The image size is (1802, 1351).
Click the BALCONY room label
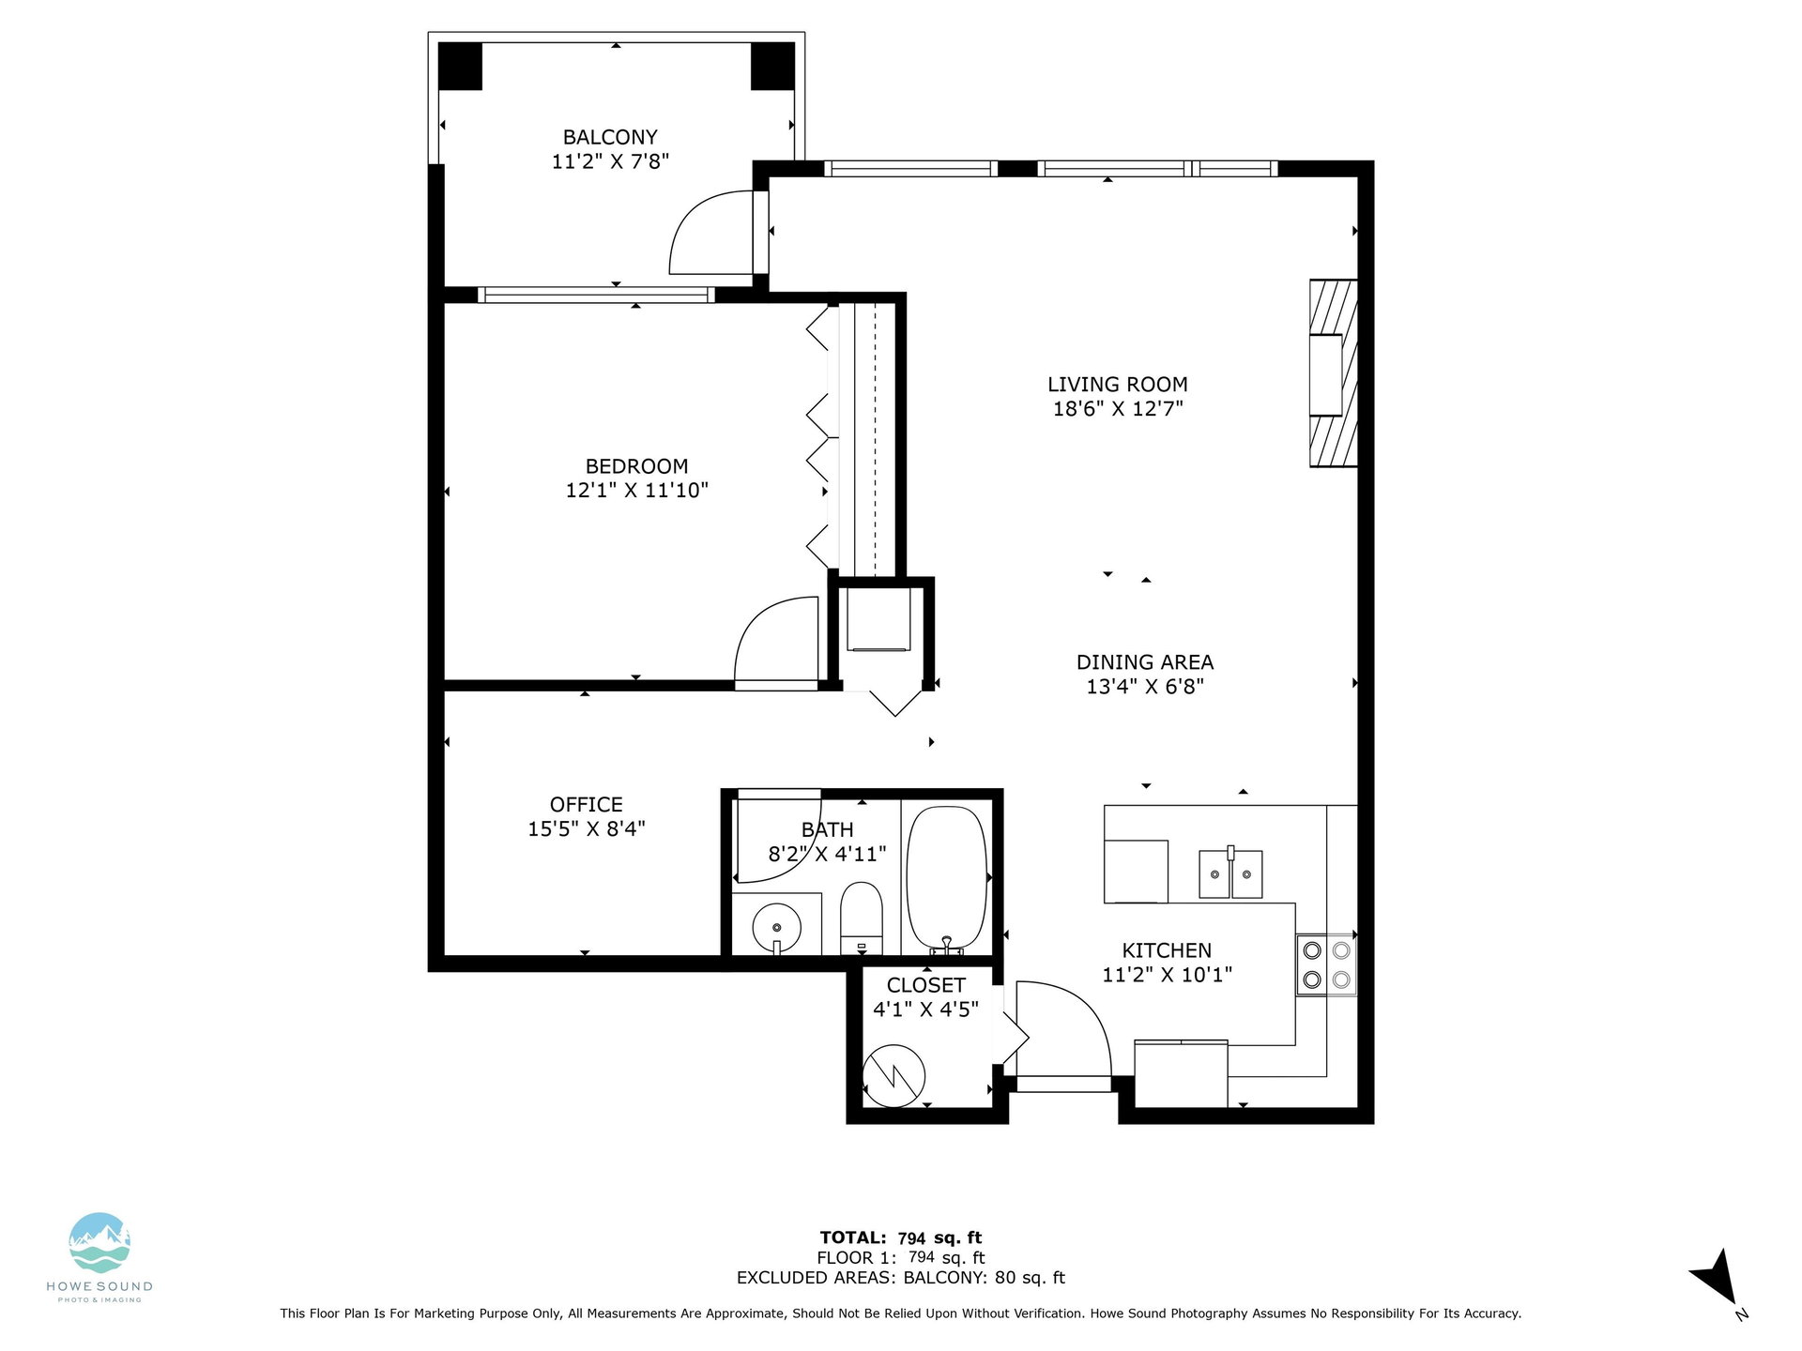point(610,137)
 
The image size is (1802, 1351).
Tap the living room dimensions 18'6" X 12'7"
point(1118,408)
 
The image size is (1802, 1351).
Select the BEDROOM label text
point(636,466)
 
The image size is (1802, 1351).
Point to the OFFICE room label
point(587,805)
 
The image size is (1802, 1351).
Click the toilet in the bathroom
point(862,918)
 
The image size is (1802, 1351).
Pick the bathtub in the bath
point(947,880)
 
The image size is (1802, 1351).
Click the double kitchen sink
point(1230,873)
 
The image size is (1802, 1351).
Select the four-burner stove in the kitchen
point(1326,964)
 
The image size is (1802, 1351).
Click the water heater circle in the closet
point(894,1076)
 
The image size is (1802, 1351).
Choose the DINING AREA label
point(1145,662)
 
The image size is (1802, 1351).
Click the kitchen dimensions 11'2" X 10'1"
point(1167,975)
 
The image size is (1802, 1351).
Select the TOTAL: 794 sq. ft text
point(901,1237)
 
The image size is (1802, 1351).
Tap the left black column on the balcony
point(460,67)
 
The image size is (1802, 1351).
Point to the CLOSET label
point(926,985)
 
